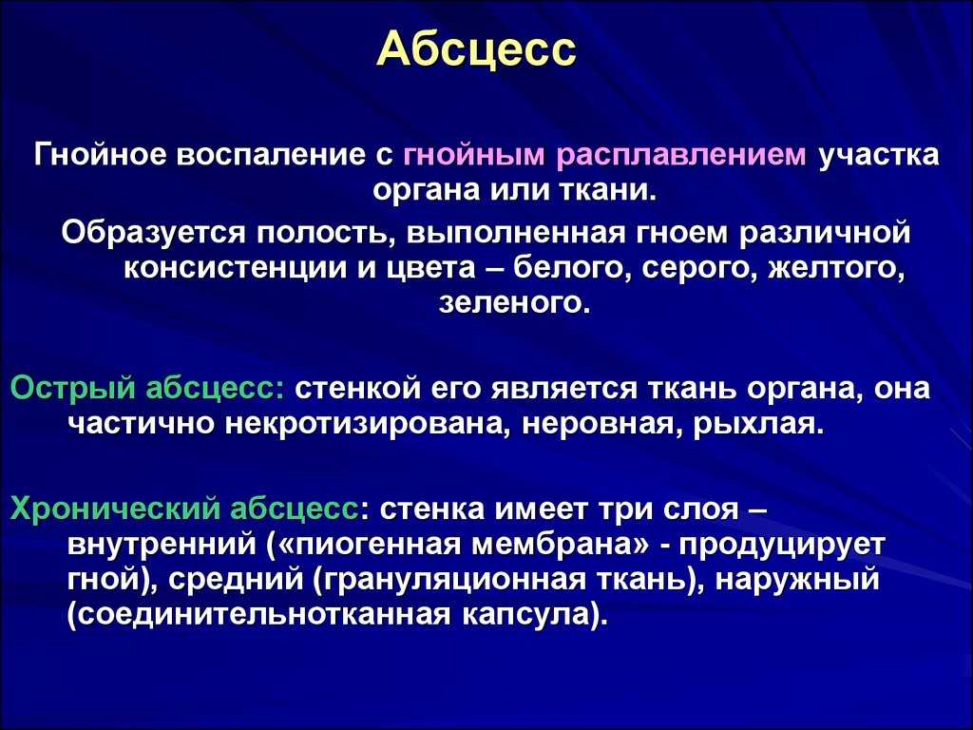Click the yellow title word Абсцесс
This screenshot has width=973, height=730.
tap(476, 48)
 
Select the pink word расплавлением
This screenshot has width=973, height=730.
tap(682, 155)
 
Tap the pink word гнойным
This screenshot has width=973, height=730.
tap(473, 155)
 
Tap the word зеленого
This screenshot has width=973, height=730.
tap(511, 303)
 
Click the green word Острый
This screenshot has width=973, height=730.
tap(73, 389)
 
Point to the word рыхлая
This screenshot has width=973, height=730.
tap(757, 425)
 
